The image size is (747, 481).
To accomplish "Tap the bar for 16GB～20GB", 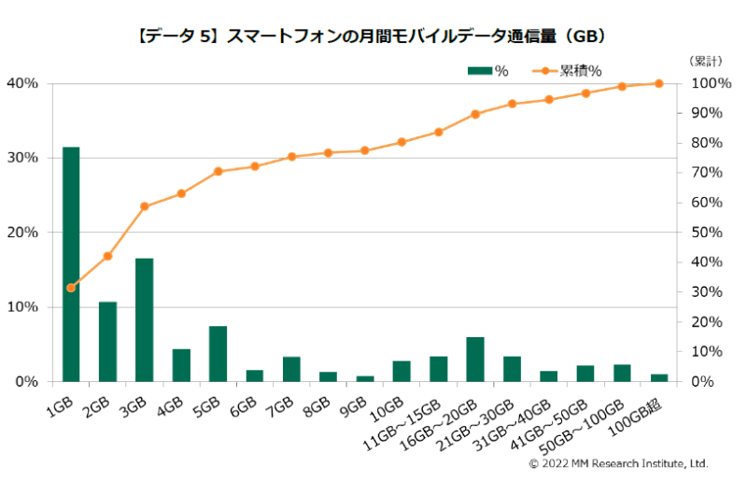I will pos(475,360).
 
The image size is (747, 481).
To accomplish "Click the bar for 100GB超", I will pos(659,377).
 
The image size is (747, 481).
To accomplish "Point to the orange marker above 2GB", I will pos(107,256).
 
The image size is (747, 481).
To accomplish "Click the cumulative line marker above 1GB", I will pos(71,288).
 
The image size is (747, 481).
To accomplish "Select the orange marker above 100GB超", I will pos(659,83).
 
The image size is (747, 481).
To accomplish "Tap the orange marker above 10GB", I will pos(402,142).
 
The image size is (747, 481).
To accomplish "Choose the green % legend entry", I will pos(487,70).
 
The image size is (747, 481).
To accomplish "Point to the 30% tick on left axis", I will pos(23,158).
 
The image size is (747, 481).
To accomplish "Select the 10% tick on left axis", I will pos(23,307).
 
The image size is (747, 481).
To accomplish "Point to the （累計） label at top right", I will pos(704,62).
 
